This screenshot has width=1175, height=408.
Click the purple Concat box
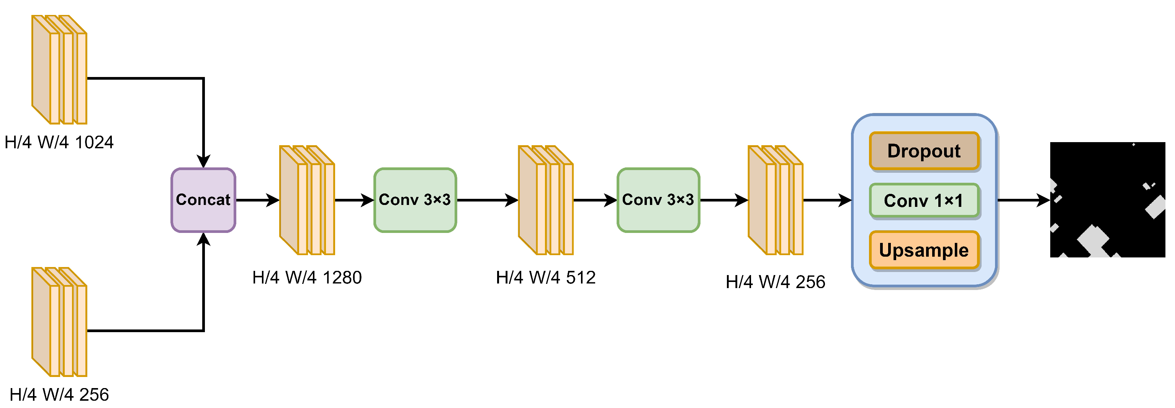[203, 200]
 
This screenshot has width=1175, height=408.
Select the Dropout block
[924, 151]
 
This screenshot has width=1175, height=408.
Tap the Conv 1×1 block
[924, 201]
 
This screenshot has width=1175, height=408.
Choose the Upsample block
[924, 250]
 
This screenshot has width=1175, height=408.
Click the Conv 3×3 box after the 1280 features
[415, 200]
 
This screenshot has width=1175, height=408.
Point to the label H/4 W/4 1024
[59, 143]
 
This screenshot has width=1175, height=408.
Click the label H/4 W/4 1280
[307, 277]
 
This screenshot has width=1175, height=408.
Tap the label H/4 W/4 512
[545, 277]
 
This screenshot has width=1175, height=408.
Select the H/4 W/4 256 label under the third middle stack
[776, 282]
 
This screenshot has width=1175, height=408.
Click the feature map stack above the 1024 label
[59, 70]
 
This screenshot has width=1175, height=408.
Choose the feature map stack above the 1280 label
[307, 200]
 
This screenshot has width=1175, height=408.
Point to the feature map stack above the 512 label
[545, 200]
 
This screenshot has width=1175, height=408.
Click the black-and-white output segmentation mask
[1108, 200]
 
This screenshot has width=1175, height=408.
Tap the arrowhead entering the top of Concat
[203, 161]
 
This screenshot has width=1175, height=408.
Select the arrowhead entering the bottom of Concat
[203, 239]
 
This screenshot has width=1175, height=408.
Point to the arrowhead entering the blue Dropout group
[845, 200]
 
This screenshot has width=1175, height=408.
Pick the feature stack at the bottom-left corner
[59, 322]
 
